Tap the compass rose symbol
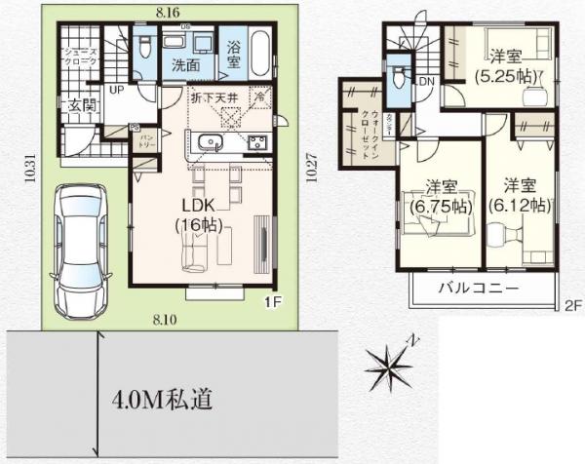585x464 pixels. (x=393, y=367)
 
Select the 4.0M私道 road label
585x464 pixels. (x=156, y=400)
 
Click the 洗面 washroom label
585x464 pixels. (x=187, y=66)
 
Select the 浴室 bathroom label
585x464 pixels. (x=234, y=55)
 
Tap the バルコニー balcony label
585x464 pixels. (x=477, y=290)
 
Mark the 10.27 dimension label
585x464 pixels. (x=310, y=171)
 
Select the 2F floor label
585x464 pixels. (x=572, y=305)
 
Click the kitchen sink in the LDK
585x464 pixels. (x=208, y=144)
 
